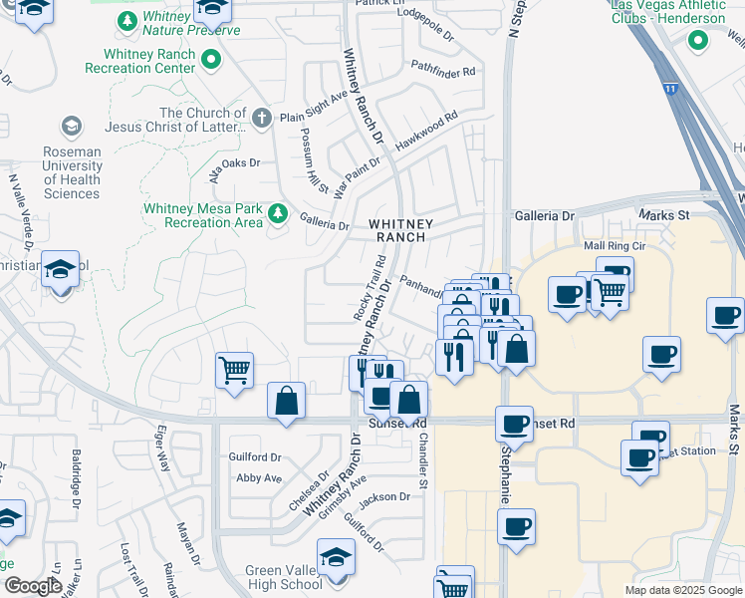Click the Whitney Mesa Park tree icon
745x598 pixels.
point(278,213)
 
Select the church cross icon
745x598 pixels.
point(261,120)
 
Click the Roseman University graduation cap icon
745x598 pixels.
point(71,126)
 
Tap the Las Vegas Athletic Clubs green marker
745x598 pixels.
point(697,41)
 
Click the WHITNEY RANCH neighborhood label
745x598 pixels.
point(398,230)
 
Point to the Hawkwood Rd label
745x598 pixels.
point(425,131)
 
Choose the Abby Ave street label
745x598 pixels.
point(259,477)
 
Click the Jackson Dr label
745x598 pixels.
point(384,496)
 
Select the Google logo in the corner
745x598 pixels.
point(34,587)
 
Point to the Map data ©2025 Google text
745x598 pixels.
point(681,590)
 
